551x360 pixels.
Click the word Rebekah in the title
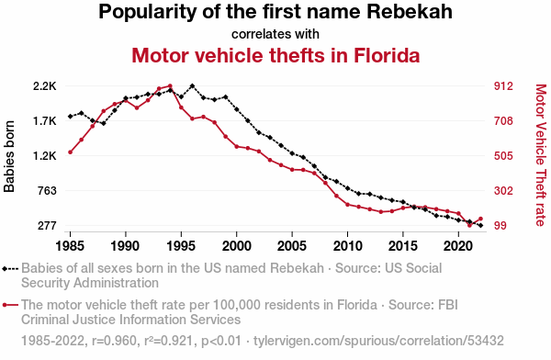[410, 11]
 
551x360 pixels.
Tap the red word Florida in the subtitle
[387, 55]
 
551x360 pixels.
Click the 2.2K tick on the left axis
[45, 85]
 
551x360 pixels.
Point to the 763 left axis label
[47, 190]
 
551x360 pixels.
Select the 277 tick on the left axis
[47, 225]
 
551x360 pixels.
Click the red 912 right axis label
[503, 85]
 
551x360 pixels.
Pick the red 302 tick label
[503, 190]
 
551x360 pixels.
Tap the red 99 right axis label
[500, 225]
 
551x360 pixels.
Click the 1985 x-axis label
[71, 246]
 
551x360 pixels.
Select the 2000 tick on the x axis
[237, 246]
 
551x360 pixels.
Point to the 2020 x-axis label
[458, 246]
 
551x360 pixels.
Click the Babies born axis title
[9, 156]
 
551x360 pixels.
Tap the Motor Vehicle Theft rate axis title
[541, 155]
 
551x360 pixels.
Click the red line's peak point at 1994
[170, 85]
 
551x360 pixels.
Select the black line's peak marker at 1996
[192, 85]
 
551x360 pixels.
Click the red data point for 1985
[71, 152]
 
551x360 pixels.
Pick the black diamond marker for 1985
[71, 116]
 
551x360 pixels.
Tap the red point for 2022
[480, 219]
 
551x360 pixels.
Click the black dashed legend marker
[10, 269]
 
